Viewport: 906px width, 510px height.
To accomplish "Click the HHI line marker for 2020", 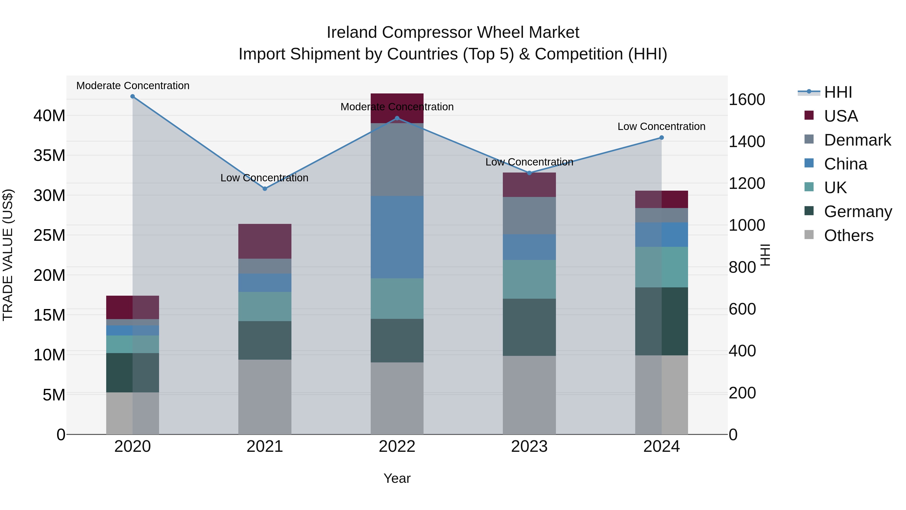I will [x=133, y=96].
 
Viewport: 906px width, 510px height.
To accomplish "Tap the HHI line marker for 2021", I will [x=265, y=189].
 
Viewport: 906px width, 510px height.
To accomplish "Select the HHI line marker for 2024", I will [x=662, y=138].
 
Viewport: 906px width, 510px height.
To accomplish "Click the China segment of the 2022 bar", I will [x=397, y=237].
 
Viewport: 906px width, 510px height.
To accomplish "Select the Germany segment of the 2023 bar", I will [x=529, y=327].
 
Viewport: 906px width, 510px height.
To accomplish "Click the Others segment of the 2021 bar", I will [x=265, y=397].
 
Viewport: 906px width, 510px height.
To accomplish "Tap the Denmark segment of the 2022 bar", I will [x=397, y=159].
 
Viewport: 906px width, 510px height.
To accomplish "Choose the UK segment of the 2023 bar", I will [x=529, y=280].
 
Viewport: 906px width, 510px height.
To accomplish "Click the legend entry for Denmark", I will [x=857, y=140].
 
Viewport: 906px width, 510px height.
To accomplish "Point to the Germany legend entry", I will [x=857, y=212].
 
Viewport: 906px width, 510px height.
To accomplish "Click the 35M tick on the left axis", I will [x=49, y=155].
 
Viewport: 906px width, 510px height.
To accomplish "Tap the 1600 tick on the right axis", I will [x=747, y=99].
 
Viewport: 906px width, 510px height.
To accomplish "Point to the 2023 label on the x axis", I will [x=529, y=447].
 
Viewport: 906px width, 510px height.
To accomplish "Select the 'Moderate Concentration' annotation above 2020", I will [x=133, y=86].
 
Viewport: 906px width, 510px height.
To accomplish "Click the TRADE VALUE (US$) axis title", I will [x=8, y=255].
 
